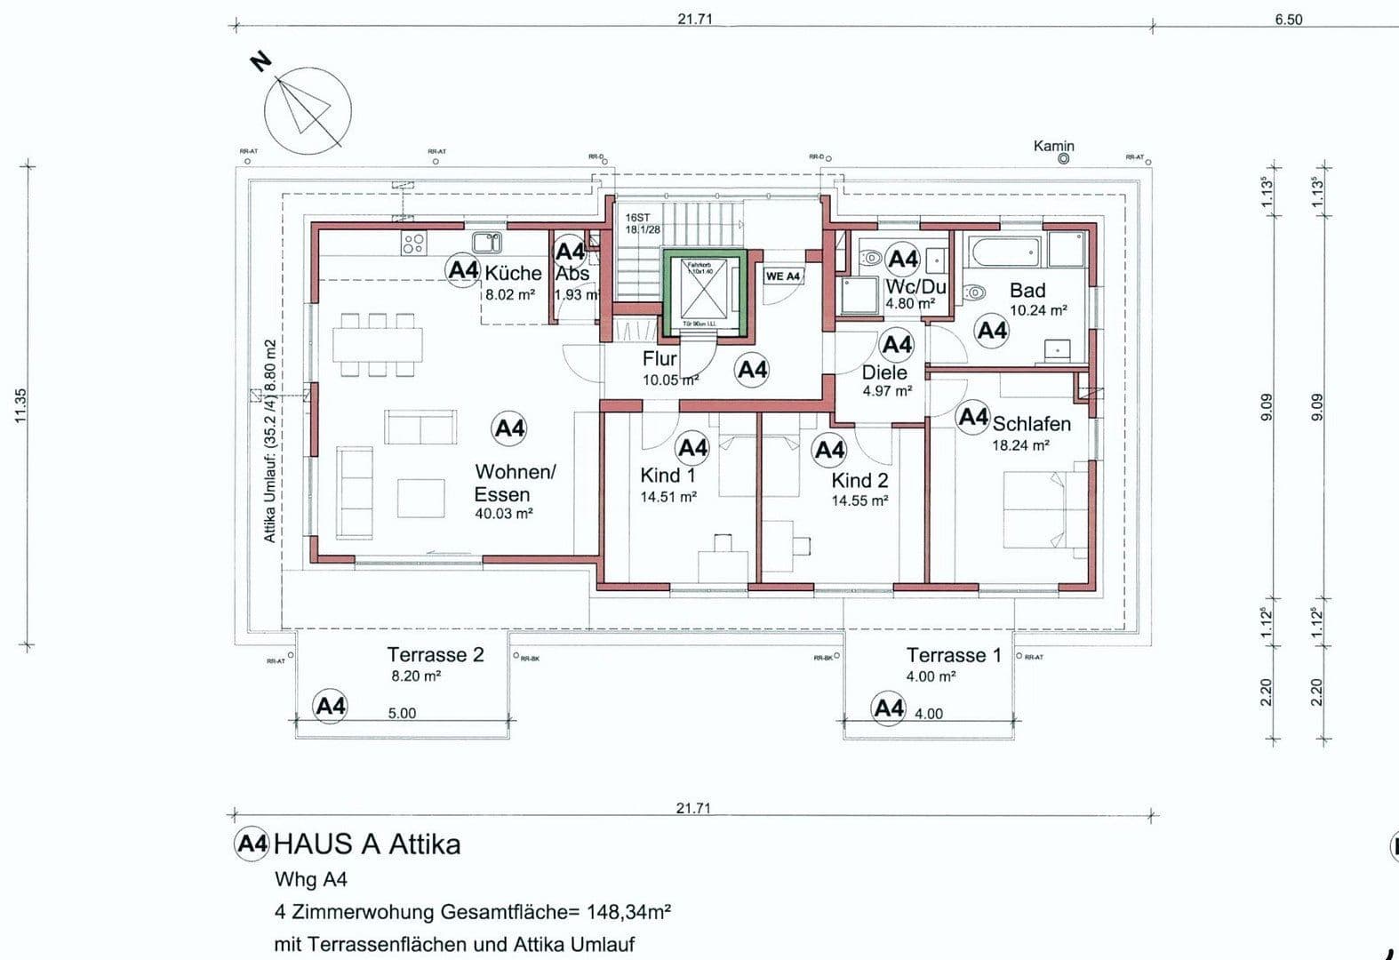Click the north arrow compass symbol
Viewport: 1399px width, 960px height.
tap(308, 111)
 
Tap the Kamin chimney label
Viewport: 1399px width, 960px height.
tap(1053, 146)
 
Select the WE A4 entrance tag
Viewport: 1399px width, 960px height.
tap(783, 276)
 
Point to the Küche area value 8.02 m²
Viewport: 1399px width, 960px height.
tap(509, 294)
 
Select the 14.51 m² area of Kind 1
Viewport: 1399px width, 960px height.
tap(668, 498)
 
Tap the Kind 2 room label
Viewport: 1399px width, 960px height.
tap(859, 481)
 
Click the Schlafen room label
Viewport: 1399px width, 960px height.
tap(1031, 424)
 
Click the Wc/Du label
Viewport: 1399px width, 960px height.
tap(915, 287)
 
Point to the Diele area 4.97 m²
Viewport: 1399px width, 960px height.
tap(886, 391)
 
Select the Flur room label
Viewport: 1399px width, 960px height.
tap(660, 359)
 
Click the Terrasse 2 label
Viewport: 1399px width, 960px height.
tap(435, 655)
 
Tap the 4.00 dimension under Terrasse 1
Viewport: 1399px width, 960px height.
tap(928, 714)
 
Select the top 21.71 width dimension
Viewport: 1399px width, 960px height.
tap(694, 19)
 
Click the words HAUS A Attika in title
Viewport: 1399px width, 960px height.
tap(367, 844)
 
